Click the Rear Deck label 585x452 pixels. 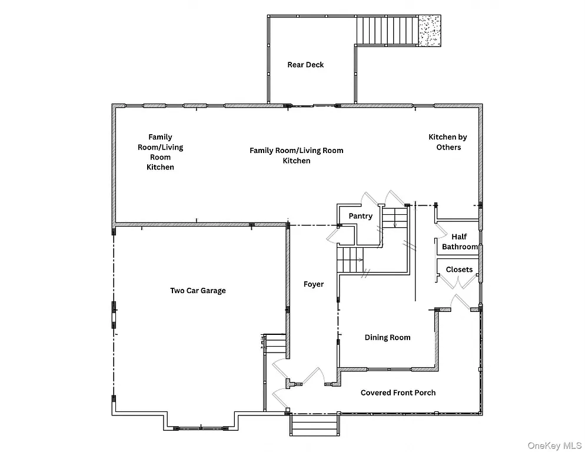(x=305, y=65)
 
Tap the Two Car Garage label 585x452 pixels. (x=198, y=290)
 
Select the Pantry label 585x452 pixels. (x=360, y=216)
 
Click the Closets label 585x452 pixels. (x=459, y=270)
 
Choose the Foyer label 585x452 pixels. (x=314, y=284)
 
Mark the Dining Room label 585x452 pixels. (x=387, y=337)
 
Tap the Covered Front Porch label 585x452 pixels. (x=398, y=393)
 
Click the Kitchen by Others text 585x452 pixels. (x=448, y=142)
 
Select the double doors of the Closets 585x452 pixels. (x=460, y=284)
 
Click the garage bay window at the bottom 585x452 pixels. (x=201, y=427)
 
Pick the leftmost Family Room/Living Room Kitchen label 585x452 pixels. (x=160, y=152)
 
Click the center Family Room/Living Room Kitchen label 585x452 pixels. (x=296, y=155)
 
